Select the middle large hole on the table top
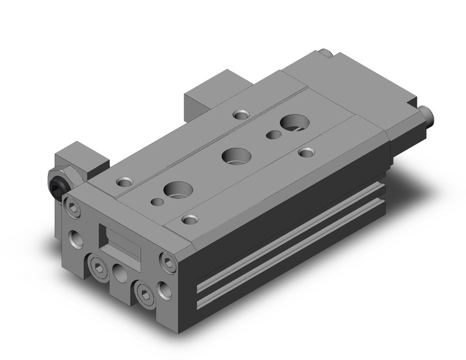pos(234,156)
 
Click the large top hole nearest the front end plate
pos(177,190)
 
